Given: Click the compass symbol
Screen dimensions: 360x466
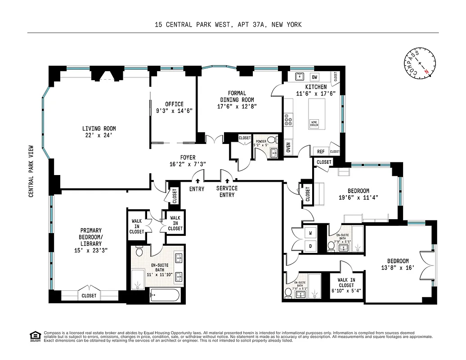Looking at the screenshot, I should click(420, 65).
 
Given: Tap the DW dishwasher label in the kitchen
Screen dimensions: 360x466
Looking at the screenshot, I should click(315, 77).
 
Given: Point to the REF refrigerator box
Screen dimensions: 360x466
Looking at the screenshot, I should click(321, 152).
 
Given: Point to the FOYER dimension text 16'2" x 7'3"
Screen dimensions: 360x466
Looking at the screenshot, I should click(188, 165).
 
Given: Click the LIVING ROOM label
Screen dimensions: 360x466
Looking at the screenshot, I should click(99, 131).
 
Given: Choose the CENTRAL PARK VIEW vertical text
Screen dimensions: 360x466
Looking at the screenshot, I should click(31, 171).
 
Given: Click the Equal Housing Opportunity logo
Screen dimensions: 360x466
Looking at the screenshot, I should click(34, 336).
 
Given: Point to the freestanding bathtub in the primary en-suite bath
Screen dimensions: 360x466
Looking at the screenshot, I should click(164, 296).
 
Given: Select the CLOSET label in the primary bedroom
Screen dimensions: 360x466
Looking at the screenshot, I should click(89, 296).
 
